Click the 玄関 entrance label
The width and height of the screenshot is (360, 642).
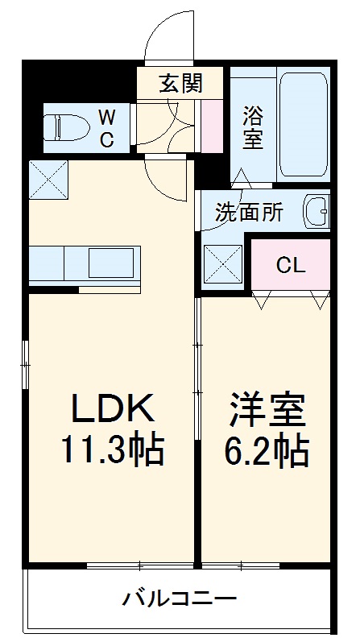[x=180, y=82]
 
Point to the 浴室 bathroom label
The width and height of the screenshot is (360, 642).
[x=252, y=126]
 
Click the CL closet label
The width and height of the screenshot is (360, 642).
[x=291, y=265]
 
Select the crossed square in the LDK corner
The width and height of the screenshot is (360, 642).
[x=48, y=178]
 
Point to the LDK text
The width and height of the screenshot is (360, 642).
[x=113, y=410]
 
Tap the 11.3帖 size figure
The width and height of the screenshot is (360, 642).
[x=113, y=450]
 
